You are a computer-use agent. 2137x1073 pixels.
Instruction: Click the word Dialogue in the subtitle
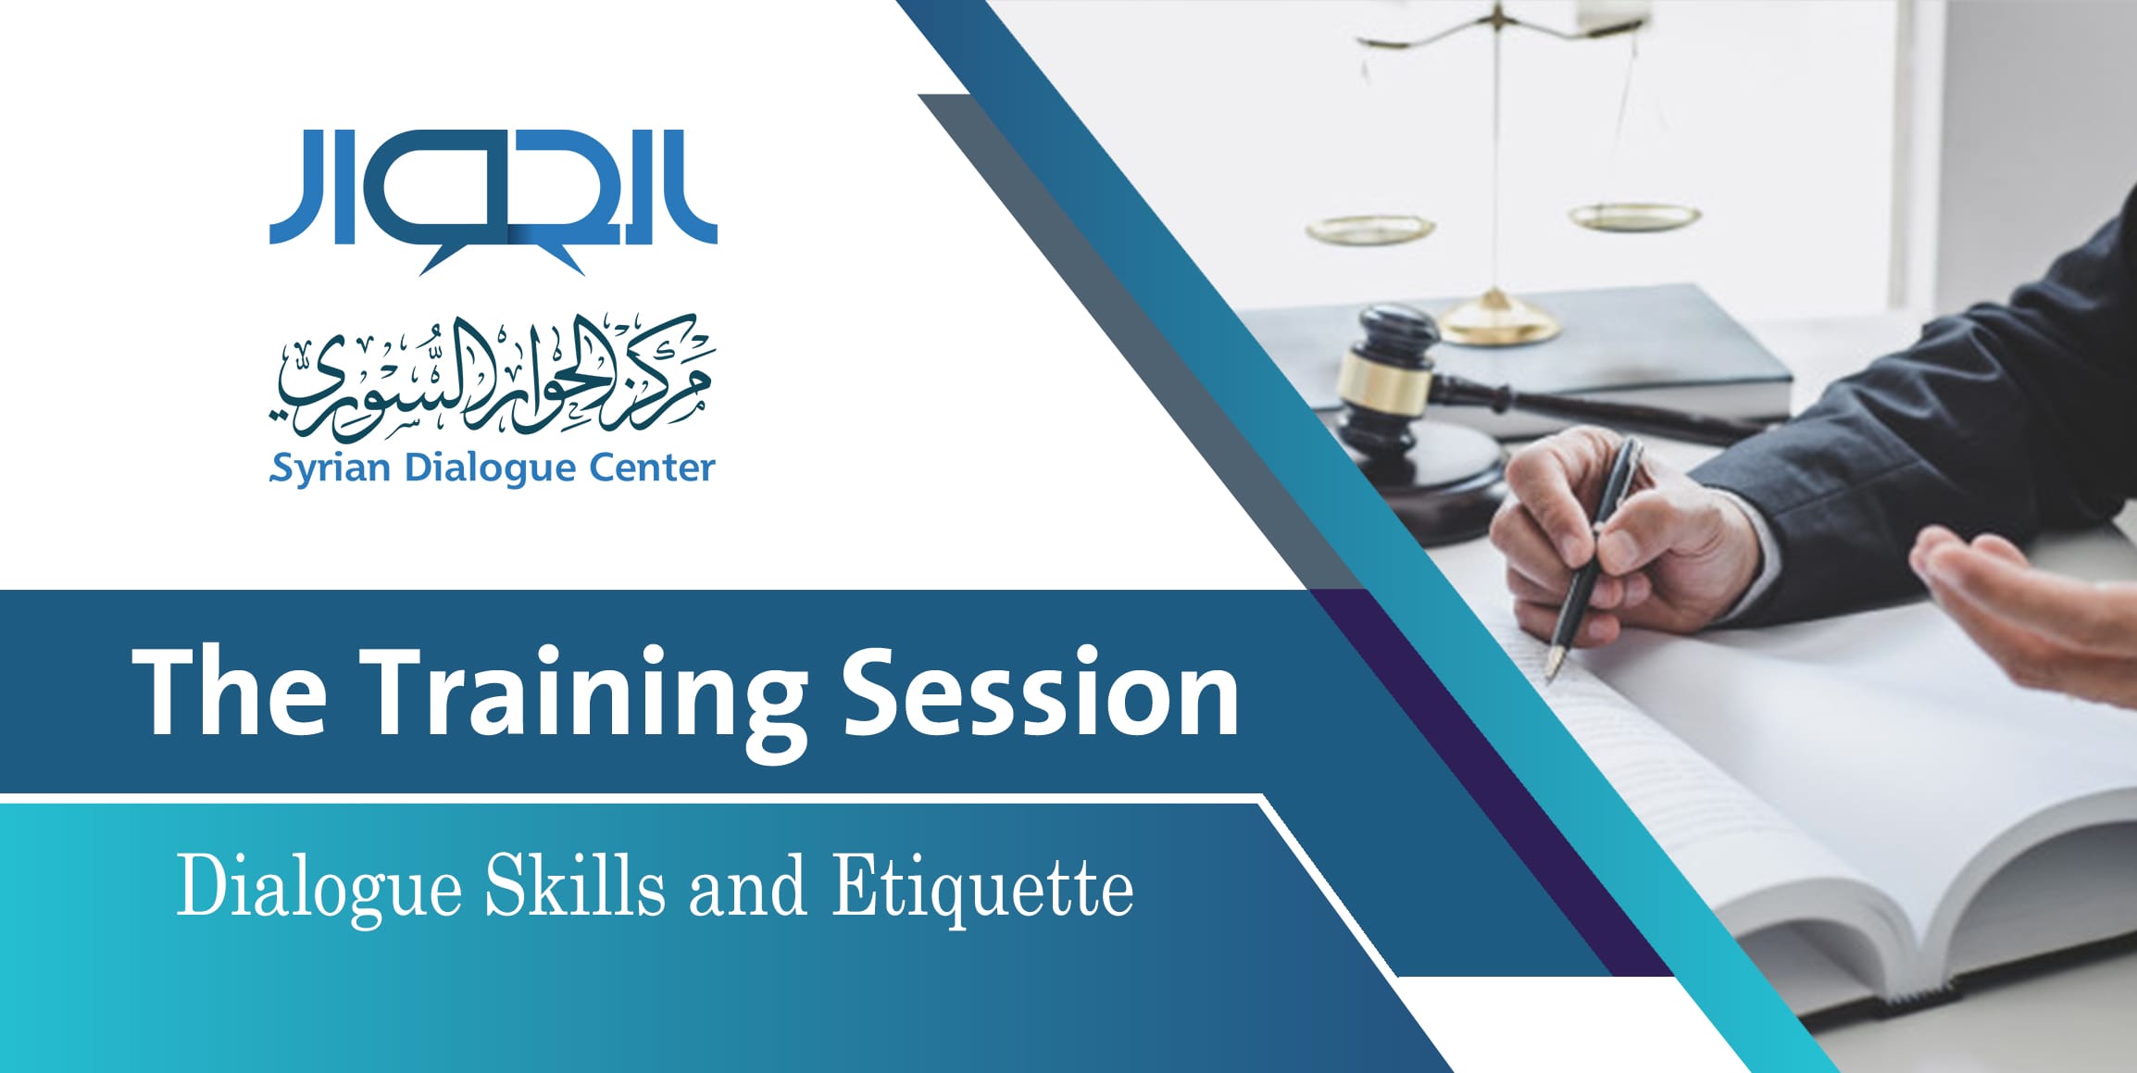pyautogui.click(x=319, y=888)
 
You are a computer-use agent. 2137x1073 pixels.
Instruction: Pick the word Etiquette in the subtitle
pyautogui.click(x=982, y=888)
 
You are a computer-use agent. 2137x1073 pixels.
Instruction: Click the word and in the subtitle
pyautogui.click(x=747, y=887)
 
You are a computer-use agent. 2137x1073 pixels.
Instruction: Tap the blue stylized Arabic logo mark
pyautogui.click(x=494, y=200)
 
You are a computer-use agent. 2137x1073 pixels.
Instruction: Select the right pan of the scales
pyautogui.click(x=1634, y=217)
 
